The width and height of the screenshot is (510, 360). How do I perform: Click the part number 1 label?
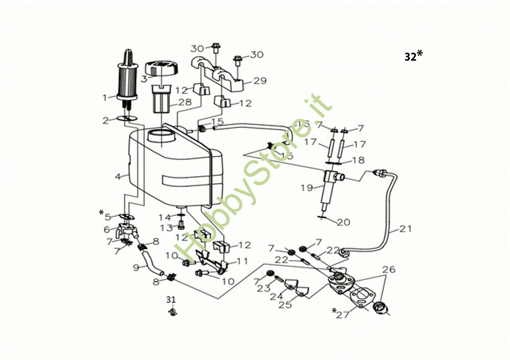[x=105, y=97]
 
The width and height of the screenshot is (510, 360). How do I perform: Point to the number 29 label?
[x=260, y=81]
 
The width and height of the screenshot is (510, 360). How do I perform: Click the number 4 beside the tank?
[x=118, y=177]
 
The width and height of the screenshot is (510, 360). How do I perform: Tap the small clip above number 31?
[x=173, y=311]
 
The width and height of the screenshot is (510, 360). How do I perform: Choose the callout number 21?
[x=405, y=229]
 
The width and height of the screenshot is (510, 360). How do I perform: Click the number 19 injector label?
[x=306, y=188]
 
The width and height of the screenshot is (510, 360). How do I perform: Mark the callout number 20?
[x=343, y=222]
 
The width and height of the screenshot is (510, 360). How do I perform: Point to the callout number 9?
[x=137, y=267]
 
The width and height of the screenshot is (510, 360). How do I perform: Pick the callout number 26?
[x=389, y=269]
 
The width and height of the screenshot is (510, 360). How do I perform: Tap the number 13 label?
[x=166, y=227]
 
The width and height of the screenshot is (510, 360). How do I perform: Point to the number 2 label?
[x=105, y=120]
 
